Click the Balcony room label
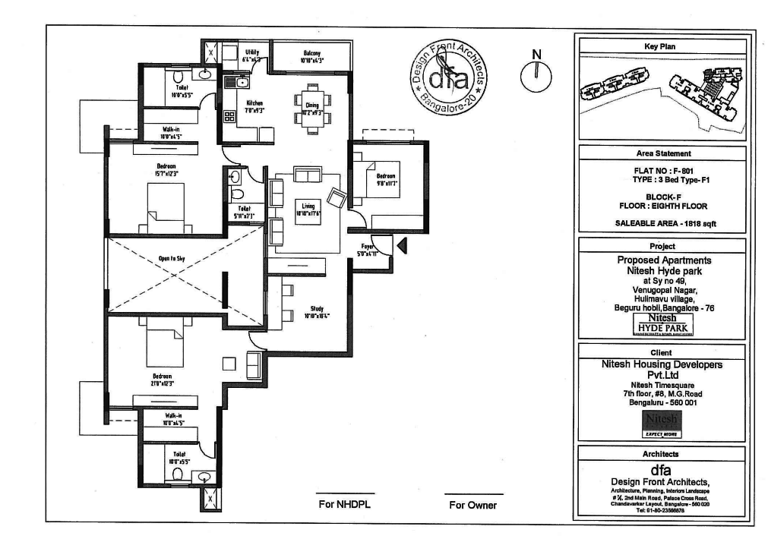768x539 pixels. [x=311, y=55]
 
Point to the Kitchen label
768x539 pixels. [x=254, y=106]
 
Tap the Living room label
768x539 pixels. [x=308, y=209]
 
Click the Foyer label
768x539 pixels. [x=368, y=250]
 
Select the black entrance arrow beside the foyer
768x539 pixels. [x=403, y=244]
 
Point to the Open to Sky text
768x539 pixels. [x=172, y=259]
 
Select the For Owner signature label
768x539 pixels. [x=472, y=505]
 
